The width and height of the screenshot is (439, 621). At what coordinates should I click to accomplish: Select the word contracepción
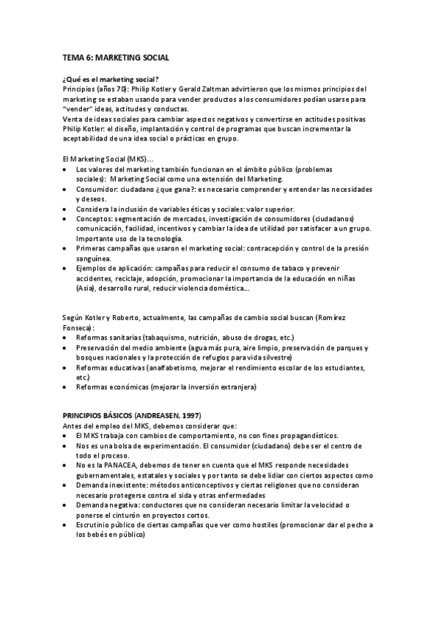tap(281, 249)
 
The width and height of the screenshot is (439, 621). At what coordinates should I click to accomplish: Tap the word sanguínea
tap(94, 259)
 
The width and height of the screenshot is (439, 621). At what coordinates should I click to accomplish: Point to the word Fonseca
tap(78, 327)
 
